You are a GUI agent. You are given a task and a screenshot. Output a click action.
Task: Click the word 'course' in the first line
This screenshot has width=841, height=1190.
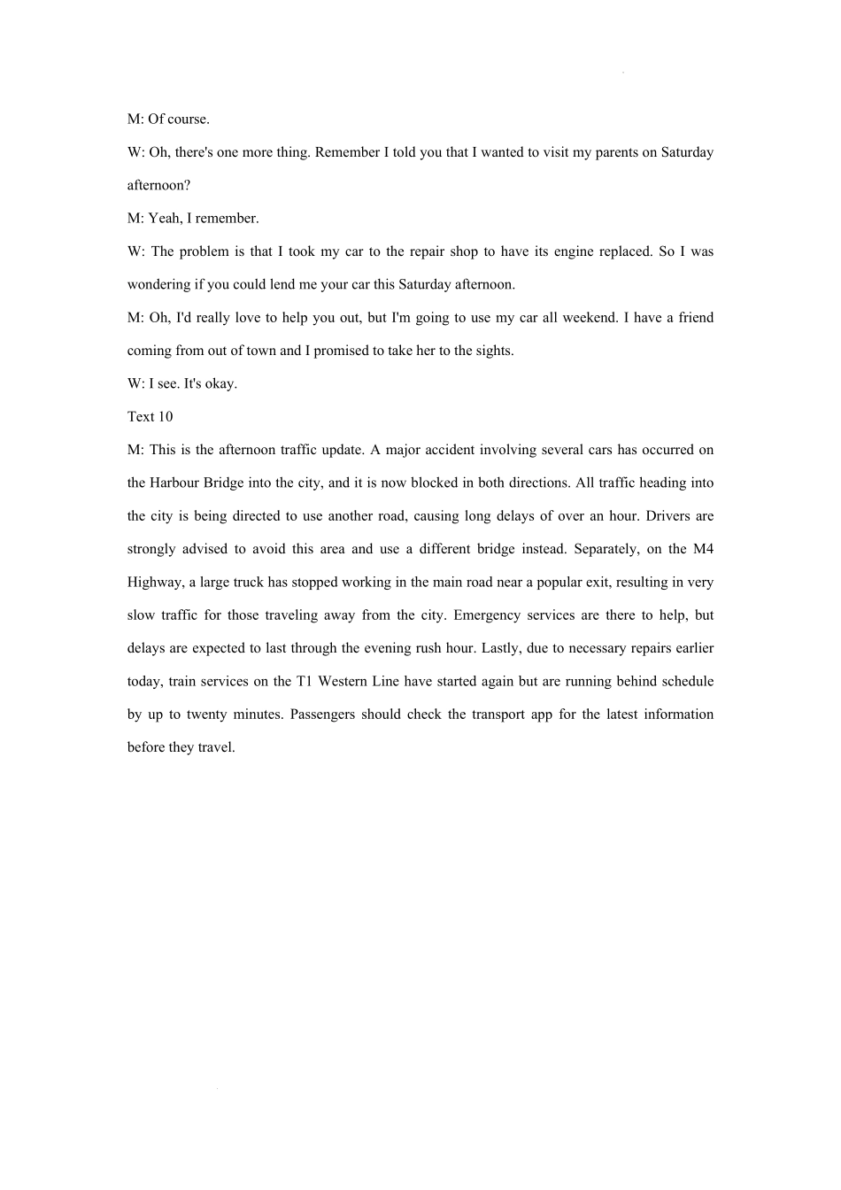point(188,119)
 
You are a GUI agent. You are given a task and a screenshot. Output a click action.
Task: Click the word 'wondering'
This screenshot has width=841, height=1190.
point(158,284)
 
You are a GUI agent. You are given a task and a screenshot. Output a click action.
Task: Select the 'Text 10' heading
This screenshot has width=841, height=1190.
point(150,416)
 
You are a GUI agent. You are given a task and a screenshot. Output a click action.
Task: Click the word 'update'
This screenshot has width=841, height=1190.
point(336,450)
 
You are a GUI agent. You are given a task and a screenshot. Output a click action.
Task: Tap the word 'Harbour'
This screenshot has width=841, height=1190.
point(173,483)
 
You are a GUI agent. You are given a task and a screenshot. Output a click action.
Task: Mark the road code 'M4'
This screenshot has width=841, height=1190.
point(703,549)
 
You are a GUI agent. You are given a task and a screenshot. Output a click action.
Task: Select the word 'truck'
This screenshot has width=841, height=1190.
point(249,583)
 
